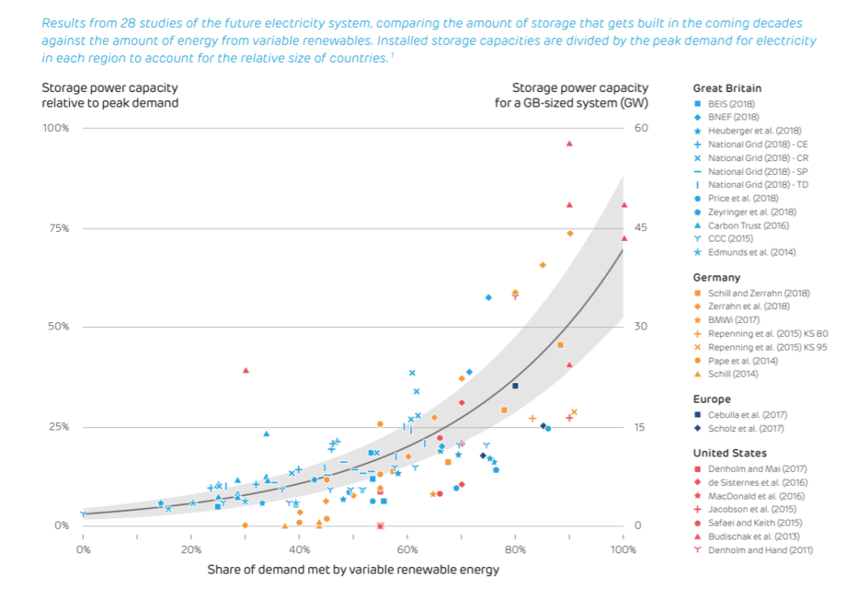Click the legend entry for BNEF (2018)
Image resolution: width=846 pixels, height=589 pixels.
pos(733,117)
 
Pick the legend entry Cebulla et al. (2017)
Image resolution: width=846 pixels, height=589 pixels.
pos(739,415)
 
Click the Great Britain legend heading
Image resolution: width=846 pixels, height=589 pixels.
pos(726,88)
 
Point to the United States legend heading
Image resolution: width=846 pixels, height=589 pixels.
pos(729,453)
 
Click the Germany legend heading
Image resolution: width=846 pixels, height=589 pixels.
pos(717,277)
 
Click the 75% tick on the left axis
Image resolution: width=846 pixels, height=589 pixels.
pos(55,228)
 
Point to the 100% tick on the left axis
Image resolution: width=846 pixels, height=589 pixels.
pos(54,129)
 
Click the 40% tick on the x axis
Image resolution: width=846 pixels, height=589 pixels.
pos(299,551)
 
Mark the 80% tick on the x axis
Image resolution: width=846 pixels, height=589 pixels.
pos(515,551)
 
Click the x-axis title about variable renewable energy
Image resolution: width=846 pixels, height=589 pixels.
pos(353,569)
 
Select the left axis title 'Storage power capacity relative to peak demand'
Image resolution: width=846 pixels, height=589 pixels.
pos(110,95)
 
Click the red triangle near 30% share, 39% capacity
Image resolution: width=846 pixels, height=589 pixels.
pos(246,370)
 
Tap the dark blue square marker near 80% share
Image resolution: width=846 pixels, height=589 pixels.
pos(515,386)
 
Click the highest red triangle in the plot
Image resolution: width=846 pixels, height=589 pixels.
pos(569,144)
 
